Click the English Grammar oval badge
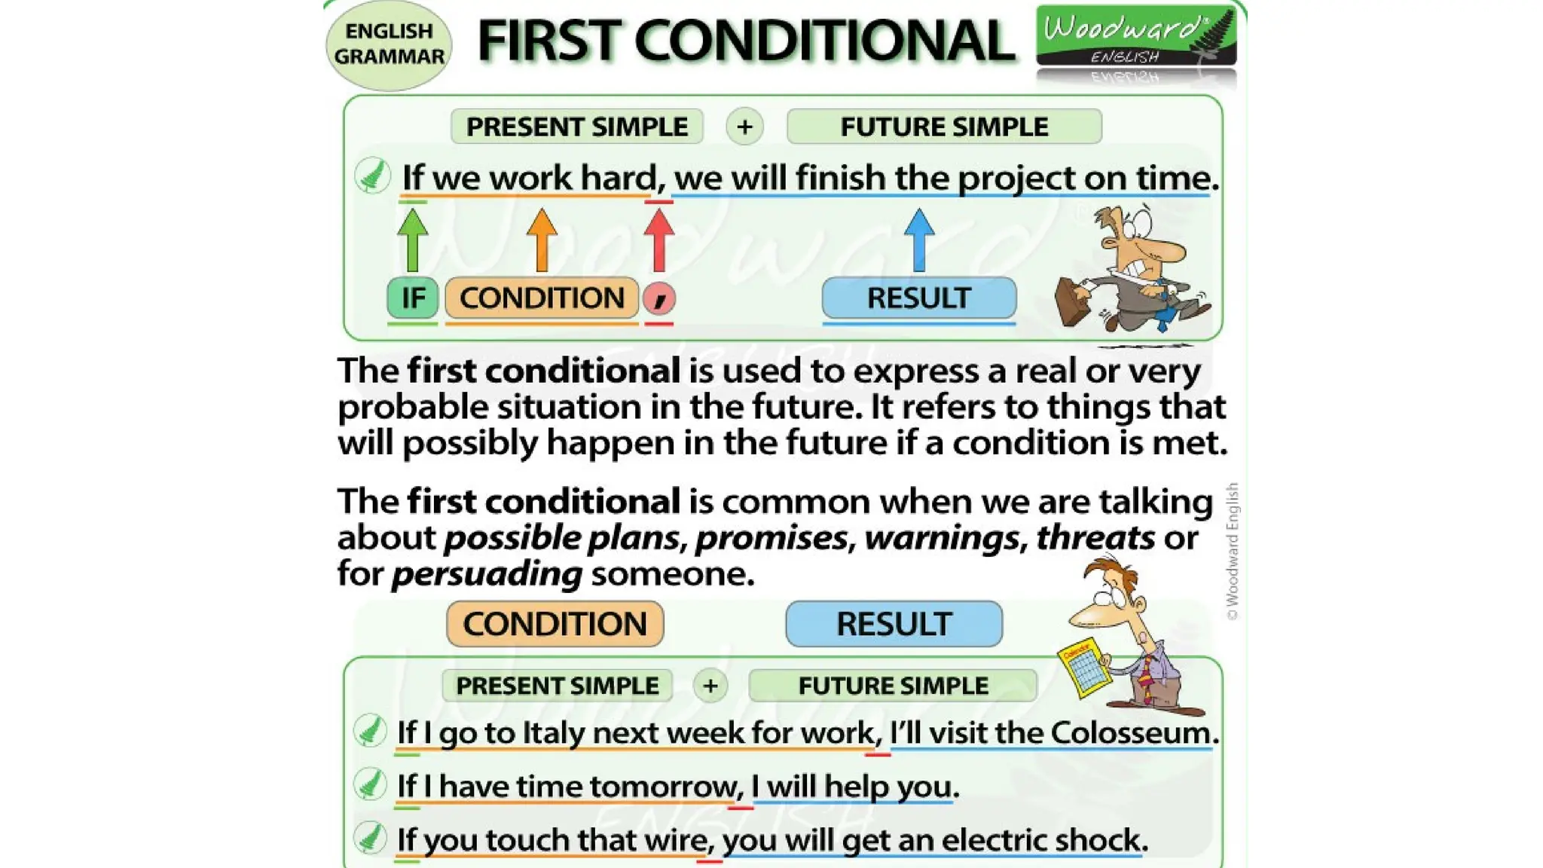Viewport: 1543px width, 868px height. [389, 45]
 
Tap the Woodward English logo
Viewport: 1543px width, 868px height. [1135, 36]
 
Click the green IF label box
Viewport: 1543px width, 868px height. [412, 298]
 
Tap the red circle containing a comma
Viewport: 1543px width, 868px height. [659, 298]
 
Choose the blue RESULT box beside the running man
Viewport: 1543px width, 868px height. [918, 298]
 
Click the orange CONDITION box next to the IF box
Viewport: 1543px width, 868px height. [542, 298]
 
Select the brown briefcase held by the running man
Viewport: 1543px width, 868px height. [1073, 301]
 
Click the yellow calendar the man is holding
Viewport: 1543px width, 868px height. [1085, 669]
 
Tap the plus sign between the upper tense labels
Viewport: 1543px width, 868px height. [744, 127]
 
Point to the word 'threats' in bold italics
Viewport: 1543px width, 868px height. [1095, 538]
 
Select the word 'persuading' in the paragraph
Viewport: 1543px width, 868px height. [487, 574]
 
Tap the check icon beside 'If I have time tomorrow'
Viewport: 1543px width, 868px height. [370, 784]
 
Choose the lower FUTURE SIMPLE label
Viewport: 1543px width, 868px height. [893, 686]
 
